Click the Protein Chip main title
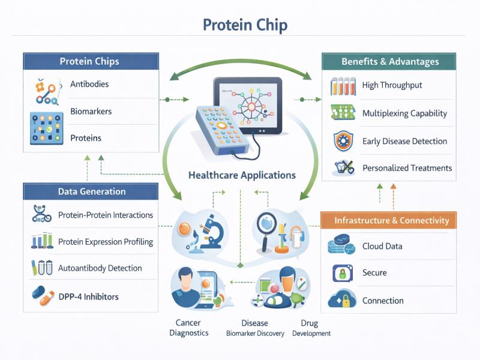pos(245,25)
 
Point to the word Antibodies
pos(89,84)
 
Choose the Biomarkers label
pos(91,111)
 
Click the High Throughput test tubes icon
pos(343,86)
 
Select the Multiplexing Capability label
pos(404,113)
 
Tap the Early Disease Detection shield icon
pos(343,141)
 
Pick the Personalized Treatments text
pos(407,168)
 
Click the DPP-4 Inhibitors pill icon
pos(43,295)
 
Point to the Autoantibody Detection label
pos(100,268)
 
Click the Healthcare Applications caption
pos(242,175)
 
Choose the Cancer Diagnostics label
pos(189,328)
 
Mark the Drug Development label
pos(311,328)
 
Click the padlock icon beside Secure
pos(343,273)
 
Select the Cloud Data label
pos(382,246)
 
